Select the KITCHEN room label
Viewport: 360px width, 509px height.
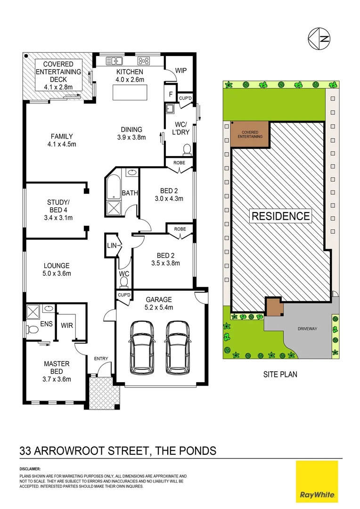(x=130, y=72)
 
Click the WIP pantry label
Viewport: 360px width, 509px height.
(x=181, y=71)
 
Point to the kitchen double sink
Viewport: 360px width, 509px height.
(x=115, y=61)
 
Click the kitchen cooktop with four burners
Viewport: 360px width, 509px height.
(x=144, y=61)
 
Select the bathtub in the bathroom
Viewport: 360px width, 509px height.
(x=114, y=188)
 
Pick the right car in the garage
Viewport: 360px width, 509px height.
(x=178, y=346)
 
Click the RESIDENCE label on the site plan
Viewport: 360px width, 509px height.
(x=280, y=216)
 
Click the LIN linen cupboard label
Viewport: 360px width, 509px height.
(x=111, y=245)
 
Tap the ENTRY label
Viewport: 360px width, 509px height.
(x=101, y=359)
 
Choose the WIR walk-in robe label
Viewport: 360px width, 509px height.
(x=66, y=325)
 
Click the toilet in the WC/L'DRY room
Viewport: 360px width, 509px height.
(x=187, y=150)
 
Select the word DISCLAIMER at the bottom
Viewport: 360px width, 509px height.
(x=30, y=469)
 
